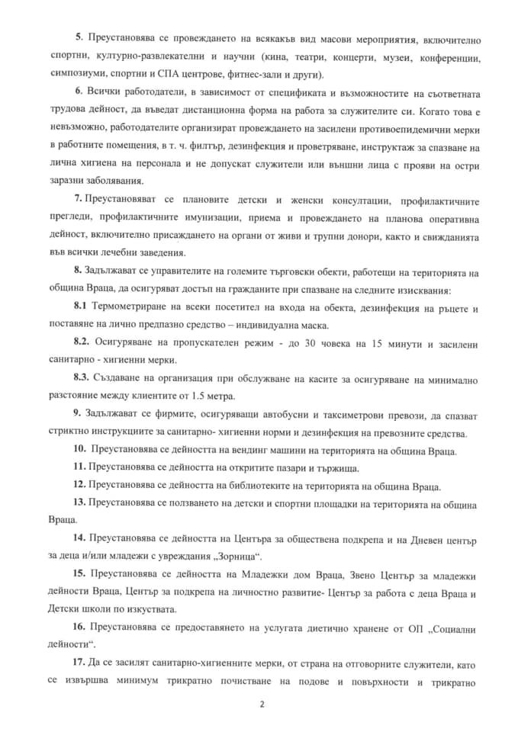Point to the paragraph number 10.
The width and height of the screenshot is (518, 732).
79,449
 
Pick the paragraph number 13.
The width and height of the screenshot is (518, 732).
79,503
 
